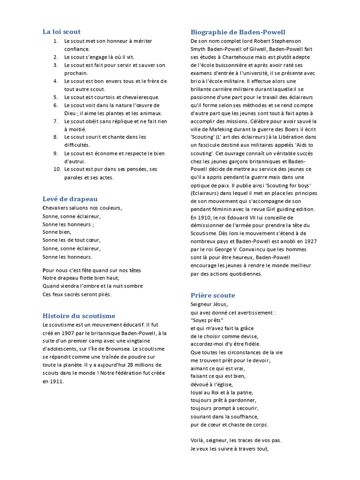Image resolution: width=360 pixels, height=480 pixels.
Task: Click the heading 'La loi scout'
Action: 61,32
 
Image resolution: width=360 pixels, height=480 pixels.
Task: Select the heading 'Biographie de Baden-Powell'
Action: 238,32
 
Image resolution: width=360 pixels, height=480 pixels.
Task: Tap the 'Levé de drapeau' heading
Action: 70,199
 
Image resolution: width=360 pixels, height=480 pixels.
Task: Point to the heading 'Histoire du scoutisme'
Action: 79,316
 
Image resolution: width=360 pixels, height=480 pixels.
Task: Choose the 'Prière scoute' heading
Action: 213,295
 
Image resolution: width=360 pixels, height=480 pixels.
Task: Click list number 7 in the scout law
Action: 55,121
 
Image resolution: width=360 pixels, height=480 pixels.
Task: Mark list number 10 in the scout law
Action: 54,169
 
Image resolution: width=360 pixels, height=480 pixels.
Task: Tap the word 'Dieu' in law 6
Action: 70,113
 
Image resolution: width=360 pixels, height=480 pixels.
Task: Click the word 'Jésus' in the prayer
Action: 219,304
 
